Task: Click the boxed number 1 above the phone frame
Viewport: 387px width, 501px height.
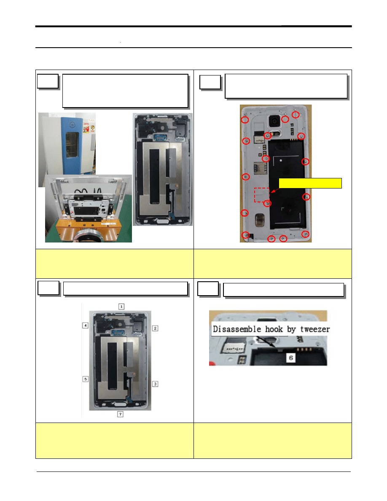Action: (121, 307)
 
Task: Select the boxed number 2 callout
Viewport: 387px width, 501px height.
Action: (155, 328)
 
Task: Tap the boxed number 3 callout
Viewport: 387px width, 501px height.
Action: (155, 384)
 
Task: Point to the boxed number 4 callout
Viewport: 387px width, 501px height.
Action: (85, 325)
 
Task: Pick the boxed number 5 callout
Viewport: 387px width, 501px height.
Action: (85, 379)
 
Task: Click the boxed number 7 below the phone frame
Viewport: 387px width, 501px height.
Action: (121, 414)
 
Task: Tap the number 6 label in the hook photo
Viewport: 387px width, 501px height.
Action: (291, 358)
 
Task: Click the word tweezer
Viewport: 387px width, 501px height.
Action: (315, 329)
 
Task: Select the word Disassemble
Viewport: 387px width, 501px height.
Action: (237, 329)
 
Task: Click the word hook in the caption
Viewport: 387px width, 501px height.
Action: (274, 329)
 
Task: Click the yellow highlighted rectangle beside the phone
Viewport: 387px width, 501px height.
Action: (310, 183)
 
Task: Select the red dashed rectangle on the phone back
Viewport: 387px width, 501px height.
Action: (262, 195)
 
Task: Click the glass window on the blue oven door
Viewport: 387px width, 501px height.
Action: (72, 145)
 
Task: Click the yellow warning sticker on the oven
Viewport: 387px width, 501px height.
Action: (86, 129)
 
